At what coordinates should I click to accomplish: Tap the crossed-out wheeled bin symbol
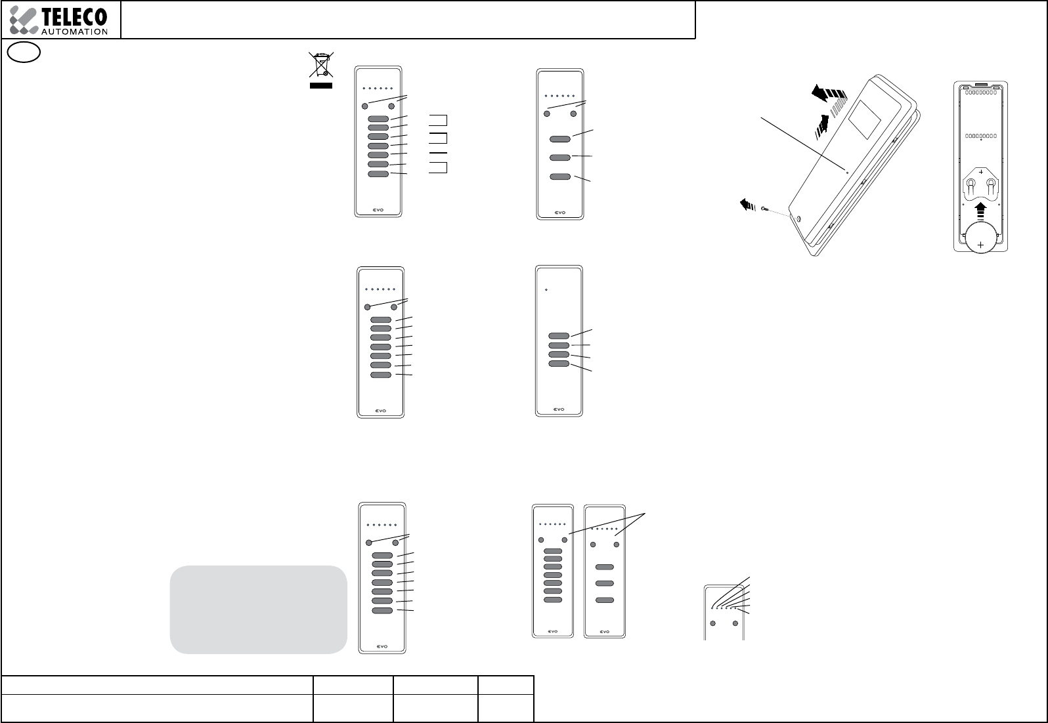(321, 66)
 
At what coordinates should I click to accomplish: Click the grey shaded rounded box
(258, 609)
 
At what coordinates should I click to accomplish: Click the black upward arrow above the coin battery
(980, 211)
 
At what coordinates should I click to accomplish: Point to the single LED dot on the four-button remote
(546, 289)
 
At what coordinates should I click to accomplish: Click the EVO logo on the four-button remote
(559, 407)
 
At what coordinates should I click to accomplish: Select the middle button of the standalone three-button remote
(560, 157)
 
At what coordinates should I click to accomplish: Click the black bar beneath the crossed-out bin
(321, 85)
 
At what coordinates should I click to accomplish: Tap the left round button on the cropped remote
(713, 623)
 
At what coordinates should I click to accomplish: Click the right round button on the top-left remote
(392, 106)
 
